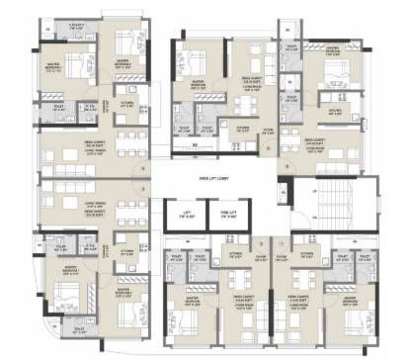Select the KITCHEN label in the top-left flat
[x=126, y=102]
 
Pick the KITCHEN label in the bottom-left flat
[x=126, y=251]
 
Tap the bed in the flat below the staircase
[x=347, y=316]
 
